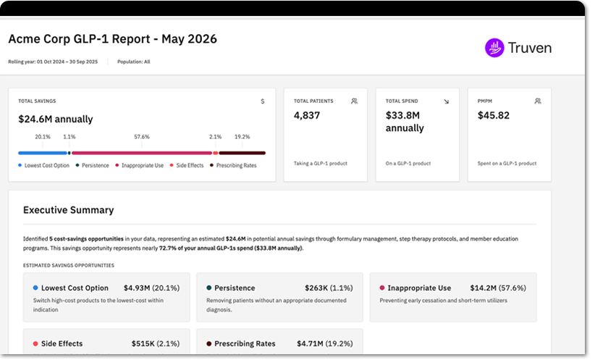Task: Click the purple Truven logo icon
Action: click(x=494, y=48)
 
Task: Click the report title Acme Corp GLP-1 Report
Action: click(x=80, y=38)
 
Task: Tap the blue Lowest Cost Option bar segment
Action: click(x=43, y=153)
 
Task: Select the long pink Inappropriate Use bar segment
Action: click(x=142, y=153)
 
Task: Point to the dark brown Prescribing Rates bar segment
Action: click(x=242, y=153)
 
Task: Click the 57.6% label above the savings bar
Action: click(x=142, y=137)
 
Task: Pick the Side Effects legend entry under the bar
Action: click(x=186, y=166)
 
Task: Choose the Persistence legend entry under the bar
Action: click(x=92, y=166)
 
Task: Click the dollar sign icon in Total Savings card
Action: click(x=263, y=101)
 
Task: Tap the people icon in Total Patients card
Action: click(x=354, y=101)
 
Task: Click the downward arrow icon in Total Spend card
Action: click(x=446, y=101)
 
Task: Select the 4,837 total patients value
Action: click(x=307, y=115)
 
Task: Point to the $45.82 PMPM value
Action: click(x=494, y=115)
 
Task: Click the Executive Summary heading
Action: click(x=68, y=210)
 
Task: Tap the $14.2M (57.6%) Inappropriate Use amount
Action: click(x=498, y=288)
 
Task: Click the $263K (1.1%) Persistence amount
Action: click(x=329, y=288)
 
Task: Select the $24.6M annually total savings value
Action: click(x=56, y=120)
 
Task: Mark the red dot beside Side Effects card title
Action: click(x=35, y=343)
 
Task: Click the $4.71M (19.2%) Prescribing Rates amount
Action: click(x=324, y=343)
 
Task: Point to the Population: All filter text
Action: click(x=134, y=62)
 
